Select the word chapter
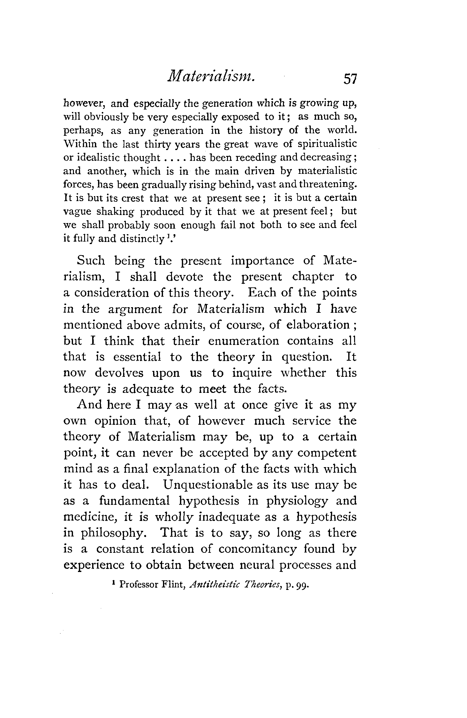[313, 277]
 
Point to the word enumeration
[243, 341]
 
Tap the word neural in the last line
[258, 565]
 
